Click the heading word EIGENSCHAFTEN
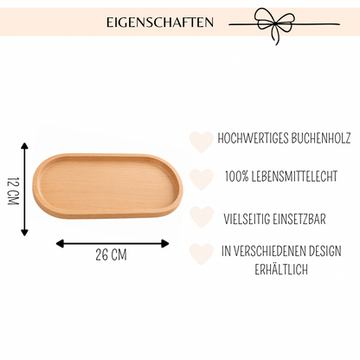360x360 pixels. [x=160, y=22]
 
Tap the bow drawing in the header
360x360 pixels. [x=276, y=24]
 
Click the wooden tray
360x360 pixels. [x=107, y=186]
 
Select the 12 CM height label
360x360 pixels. [x=13, y=190]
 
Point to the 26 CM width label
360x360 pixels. [x=111, y=255]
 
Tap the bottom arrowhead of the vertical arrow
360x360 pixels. [x=24, y=232]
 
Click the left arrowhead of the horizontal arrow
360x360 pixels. [x=60, y=243]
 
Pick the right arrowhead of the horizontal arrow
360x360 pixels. [x=165, y=243]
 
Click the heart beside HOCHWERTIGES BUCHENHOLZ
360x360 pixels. [x=202, y=142]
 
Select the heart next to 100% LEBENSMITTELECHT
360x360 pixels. [x=202, y=179]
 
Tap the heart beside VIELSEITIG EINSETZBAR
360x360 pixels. [x=202, y=216]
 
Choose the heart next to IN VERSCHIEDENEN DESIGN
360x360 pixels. [x=202, y=254]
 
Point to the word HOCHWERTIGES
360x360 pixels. [x=253, y=138]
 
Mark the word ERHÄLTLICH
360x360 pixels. [x=281, y=269]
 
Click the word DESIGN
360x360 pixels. [x=325, y=251]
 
